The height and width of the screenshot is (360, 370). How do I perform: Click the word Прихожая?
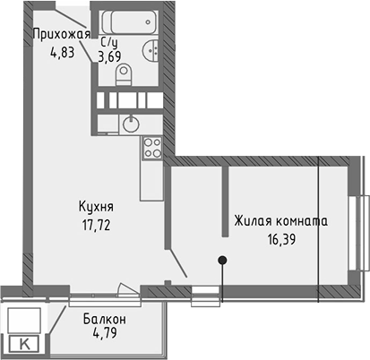(62, 35)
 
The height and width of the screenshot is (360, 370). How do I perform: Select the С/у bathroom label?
(109, 41)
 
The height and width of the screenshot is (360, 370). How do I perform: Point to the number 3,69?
(109, 56)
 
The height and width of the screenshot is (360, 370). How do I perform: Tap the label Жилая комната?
(280, 219)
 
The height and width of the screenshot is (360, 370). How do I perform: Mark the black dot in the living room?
(221, 261)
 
